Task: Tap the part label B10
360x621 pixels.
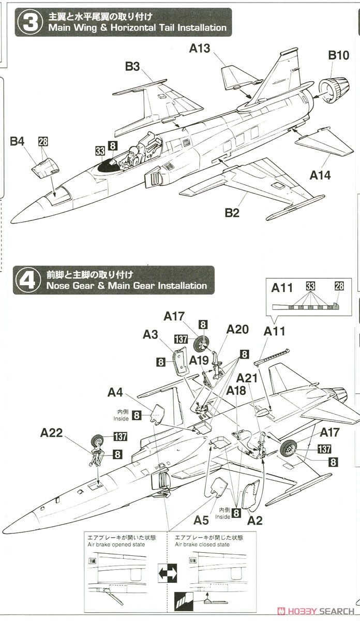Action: [x=339, y=55]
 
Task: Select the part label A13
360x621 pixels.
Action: [x=200, y=48]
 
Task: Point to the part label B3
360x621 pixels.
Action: [x=132, y=66]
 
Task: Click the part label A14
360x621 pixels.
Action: [x=320, y=175]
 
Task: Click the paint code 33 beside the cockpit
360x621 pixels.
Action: [x=99, y=151]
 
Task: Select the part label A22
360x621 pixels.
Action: [x=53, y=433]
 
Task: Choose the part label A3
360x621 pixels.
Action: [x=151, y=334]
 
